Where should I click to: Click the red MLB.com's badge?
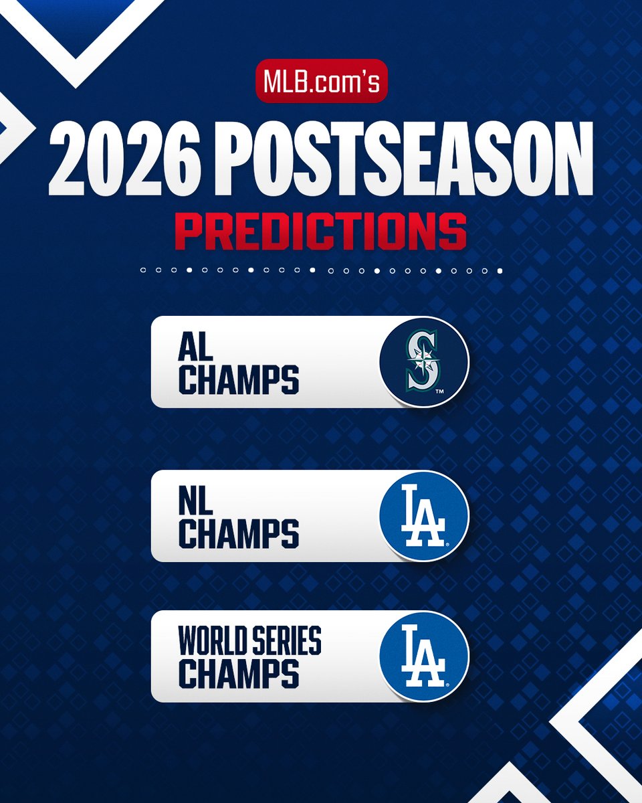point(321,82)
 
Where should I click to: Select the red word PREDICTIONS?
point(321,231)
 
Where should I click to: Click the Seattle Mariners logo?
point(424,362)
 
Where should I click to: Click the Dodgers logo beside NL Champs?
point(424,516)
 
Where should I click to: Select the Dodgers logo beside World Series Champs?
point(424,656)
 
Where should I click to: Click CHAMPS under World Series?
point(238,674)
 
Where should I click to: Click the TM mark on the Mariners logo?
point(439,391)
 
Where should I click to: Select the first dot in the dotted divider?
point(143,271)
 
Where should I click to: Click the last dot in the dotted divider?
point(500,271)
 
